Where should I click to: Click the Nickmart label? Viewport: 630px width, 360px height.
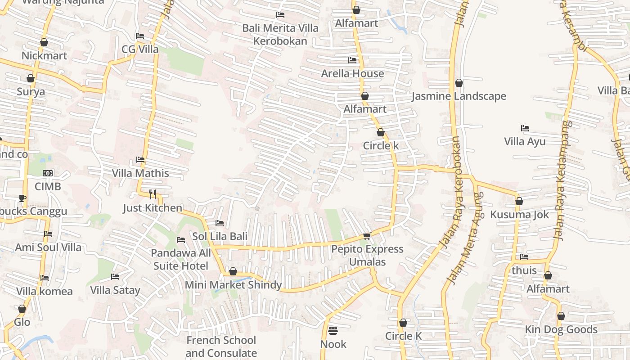44,56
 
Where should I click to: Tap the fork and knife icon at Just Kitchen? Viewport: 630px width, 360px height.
153,194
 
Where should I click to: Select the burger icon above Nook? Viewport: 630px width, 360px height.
333,331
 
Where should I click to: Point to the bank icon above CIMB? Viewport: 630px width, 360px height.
48,173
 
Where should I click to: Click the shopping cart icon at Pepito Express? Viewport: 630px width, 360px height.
367,236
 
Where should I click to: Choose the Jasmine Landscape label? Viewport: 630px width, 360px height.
459,96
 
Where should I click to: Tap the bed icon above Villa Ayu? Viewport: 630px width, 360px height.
525,128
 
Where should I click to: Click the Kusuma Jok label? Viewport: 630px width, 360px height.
519,215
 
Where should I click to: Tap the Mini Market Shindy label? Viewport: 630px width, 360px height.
233,285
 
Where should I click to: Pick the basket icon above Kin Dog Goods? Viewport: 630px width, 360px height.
561,316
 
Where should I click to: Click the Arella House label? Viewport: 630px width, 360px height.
352,73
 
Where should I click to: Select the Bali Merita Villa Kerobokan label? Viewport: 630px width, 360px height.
280,35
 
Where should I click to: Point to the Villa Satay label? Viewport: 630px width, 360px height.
115,290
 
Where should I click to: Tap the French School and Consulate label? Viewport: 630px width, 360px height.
221,346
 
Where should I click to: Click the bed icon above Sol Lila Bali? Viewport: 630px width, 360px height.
220,223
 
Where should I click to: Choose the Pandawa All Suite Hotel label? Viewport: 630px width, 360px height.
181,260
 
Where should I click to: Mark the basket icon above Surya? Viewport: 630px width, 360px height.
31,79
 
